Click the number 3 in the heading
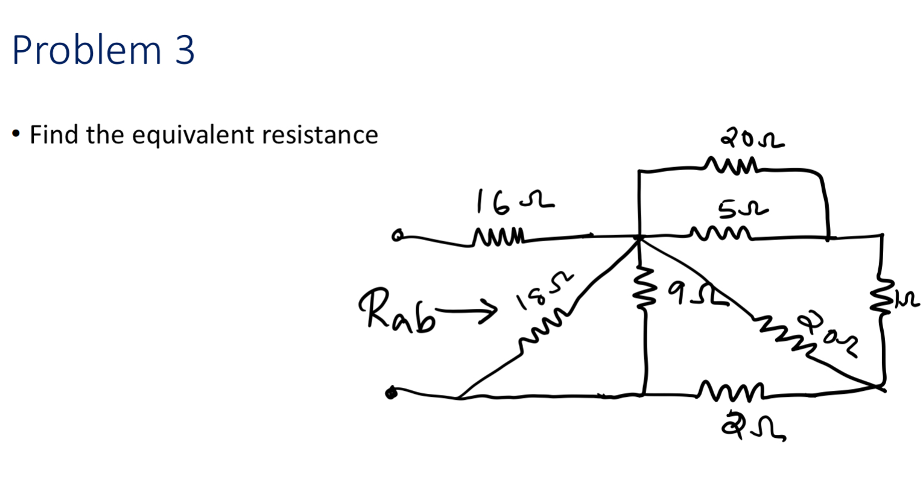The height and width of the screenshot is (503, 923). point(185,50)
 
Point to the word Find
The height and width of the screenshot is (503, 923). point(54,134)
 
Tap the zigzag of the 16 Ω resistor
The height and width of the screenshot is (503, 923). point(500,235)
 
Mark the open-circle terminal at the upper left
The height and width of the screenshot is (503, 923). point(397,236)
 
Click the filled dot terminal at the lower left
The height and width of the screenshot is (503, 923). point(392,393)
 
